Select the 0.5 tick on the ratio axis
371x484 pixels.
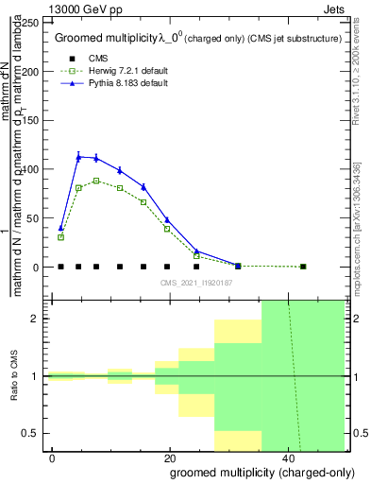click(x=36, y=433)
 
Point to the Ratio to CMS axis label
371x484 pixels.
click(x=14, y=375)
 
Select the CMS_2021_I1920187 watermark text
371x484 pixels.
click(x=195, y=282)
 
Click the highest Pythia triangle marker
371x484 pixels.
click(x=78, y=157)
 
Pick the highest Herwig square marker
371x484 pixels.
click(x=96, y=181)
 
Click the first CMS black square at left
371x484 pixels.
click(x=60, y=267)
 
